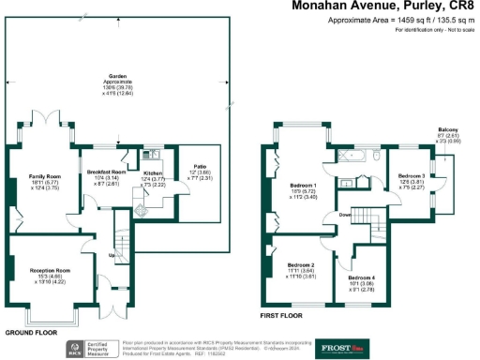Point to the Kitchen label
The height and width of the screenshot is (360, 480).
(153, 173)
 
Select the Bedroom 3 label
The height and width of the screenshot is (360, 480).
(411, 175)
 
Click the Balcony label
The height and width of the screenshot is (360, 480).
(448, 129)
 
